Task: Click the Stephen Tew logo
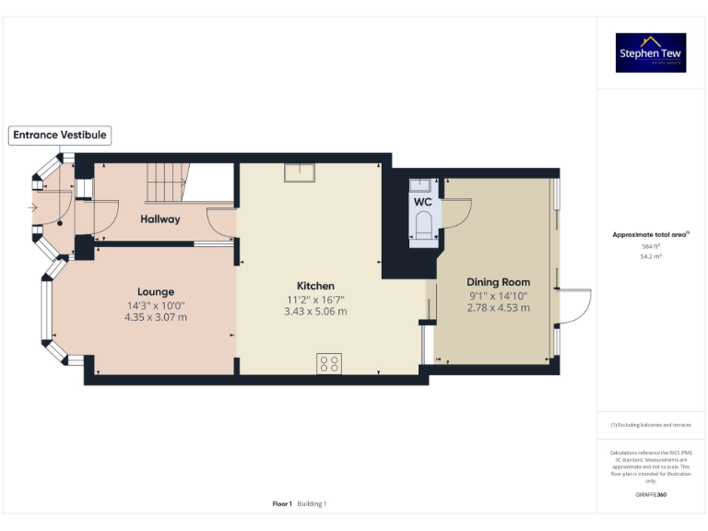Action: pyautogui.click(x=651, y=53)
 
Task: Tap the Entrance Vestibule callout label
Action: pyautogui.click(x=60, y=136)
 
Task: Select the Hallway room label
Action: pyautogui.click(x=160, y=219)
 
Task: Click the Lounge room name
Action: pyautogui.click(x=156, y=291)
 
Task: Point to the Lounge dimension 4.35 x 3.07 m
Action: pyautogui.click(x=156, y=317)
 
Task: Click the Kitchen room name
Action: pyautogui.click(x=315, y=286)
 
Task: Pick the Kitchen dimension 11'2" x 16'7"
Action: pyautogui.click(x=315, y=300)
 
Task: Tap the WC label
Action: pyautogui.click(x=422, y=202)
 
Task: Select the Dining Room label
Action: pyautogui.click(x=498, y=282)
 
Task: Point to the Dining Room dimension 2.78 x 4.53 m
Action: pyautogui.click(x=498, y=308)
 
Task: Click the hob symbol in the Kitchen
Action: pyautogui.click(x=329, y=363)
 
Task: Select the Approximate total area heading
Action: pyautogui.click(x=650, y=235)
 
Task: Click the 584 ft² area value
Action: pyautogui.click(x=650, y=246)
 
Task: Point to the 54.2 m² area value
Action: pyautogui.click(x=650, y=256)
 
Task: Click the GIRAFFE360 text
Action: pyautogui.click(x=651, y=495)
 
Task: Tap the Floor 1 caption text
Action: pyautogui.click(x=282, y=503)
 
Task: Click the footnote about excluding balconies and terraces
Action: pyautogui.click(x=651, y=425)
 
